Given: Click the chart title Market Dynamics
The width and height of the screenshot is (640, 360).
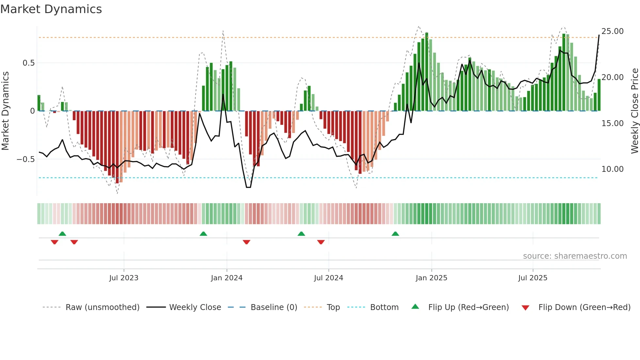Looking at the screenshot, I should click(x=51, y=9).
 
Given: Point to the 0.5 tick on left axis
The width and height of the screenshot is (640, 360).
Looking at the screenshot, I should click(x=28, y=63).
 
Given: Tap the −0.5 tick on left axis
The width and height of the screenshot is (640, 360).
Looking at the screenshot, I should click(x=26, y=159).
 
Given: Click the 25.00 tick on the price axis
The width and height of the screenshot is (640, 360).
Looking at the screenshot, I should click(x=612, y=31).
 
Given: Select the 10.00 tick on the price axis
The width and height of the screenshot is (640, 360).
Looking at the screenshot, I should click(x=612, y=169).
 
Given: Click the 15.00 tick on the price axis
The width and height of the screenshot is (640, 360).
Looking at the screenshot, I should click(x=612, y=123).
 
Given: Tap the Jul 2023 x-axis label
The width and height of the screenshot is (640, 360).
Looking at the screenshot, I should click(x=124, y=278).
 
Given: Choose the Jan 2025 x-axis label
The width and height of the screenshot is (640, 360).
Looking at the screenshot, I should click(x=431, y=278).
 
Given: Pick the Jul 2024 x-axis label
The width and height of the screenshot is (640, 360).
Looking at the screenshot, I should click(x=328, y=278).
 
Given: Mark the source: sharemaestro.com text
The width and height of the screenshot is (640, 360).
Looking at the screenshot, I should click(x=575, y=256).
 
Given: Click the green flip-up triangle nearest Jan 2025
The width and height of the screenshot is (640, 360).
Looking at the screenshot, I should click(x=395, y=234).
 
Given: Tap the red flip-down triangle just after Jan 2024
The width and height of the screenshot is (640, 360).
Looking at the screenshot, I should click(x=247, y=242).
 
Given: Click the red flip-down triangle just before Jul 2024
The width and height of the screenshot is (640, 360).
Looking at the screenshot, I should click(x=321, y=242).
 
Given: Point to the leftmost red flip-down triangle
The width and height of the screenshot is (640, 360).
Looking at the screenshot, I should click(x=55, y=242).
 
